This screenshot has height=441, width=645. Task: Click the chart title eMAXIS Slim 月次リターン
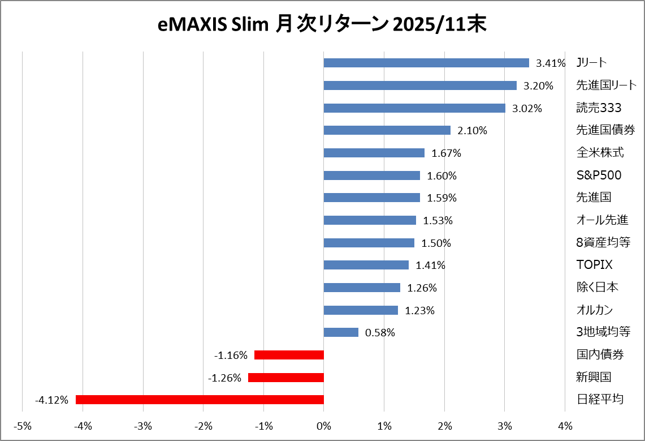(322, 25)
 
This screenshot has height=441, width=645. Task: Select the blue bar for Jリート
(426, 63)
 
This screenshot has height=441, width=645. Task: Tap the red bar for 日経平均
(200, 400)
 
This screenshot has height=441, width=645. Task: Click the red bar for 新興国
(286, 378)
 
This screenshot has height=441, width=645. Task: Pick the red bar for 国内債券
(289, 355)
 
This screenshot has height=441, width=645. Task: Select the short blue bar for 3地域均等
(341, 332)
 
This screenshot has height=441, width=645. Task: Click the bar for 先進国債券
(387, 130)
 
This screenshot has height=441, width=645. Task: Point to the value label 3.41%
(551, 63)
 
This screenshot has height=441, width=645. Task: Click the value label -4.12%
(51, 400)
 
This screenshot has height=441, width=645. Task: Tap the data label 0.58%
(380, 333)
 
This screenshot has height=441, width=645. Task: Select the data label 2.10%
(472, 131)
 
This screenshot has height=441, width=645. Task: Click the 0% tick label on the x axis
(324, 425)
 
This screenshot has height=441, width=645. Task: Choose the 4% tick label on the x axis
(565, 425)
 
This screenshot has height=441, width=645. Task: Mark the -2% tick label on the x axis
(203, 425)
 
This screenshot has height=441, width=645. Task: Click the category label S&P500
(598, 175)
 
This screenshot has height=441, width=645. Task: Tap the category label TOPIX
(594, 265)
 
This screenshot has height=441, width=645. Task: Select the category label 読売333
(599, 108)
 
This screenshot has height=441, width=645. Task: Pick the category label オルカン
(594, 310)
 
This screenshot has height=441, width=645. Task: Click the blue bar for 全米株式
(374, 153)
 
